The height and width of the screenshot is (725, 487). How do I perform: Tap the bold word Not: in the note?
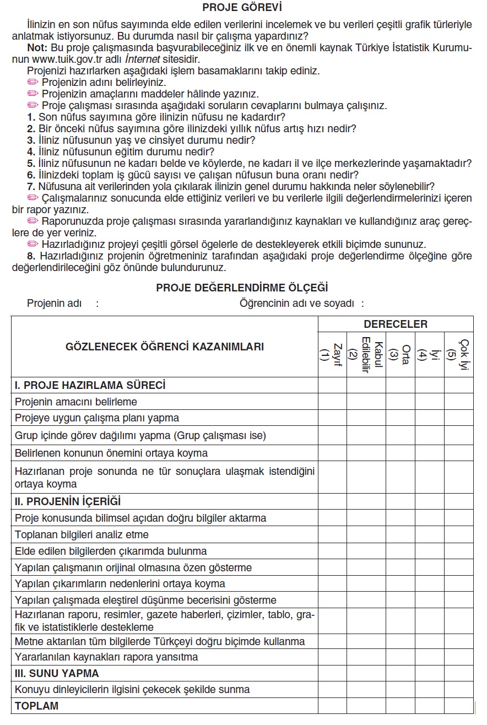pos(37,48)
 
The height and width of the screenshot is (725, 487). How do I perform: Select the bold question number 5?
pos(31,163)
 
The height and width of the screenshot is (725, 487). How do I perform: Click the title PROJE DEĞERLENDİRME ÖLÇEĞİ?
pos(242,288)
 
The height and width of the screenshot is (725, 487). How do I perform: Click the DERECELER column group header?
pos(395,324)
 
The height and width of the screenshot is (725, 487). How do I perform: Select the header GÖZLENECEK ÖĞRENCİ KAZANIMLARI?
pos(164,347)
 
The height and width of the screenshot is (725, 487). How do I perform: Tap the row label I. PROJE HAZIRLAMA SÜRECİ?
pos(90,385)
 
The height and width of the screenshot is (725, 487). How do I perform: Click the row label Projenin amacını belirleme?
pos(76,402)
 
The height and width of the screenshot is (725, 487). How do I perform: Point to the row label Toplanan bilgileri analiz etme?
pos(82,534)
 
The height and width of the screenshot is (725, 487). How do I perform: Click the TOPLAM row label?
pos(36,706)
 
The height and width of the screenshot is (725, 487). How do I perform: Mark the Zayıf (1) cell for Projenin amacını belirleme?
pos(332,402)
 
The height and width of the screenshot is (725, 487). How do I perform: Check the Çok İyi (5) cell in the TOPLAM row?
pos(458,706)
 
